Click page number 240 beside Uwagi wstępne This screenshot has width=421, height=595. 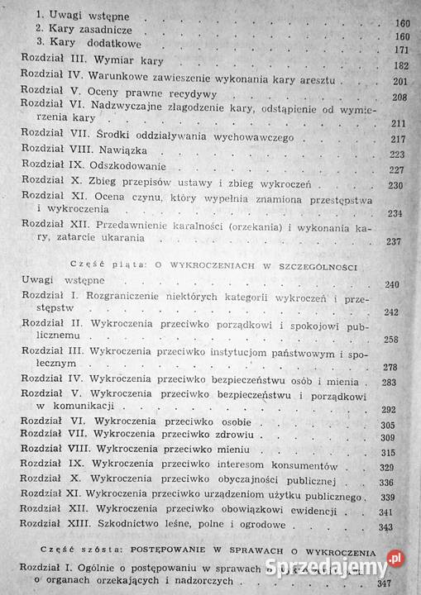point(394,285)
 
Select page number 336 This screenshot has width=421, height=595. point(395,482)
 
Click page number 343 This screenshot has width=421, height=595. point(395,526)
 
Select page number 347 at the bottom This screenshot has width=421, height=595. point(395,583)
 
